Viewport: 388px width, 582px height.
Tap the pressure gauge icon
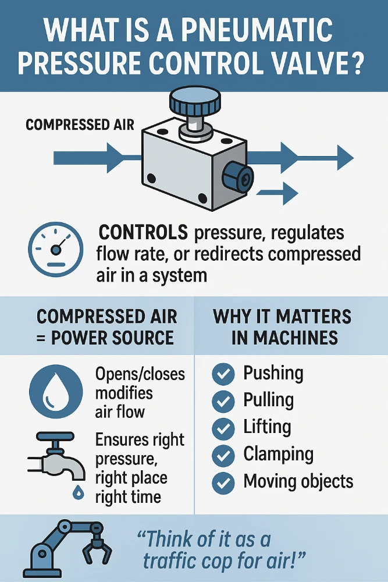pyautogui.click(x=56, y=249)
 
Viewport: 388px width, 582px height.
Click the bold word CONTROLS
pyautogui.click(x=143, y=233)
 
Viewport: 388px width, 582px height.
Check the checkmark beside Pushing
pyautogui.click(x=223, y=374)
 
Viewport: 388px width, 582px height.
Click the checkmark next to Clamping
pyautogui.click(x=223, y=455)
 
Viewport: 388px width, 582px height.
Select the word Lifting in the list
pyautogui.click(x=267, y=427)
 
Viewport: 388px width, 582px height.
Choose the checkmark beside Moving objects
pyautogui.click(x=223, y=482)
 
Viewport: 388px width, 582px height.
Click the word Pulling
pyautogui.click(x=268, y=400)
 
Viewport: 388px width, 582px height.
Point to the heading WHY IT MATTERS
pyautogui.click(x=282, y=317)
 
